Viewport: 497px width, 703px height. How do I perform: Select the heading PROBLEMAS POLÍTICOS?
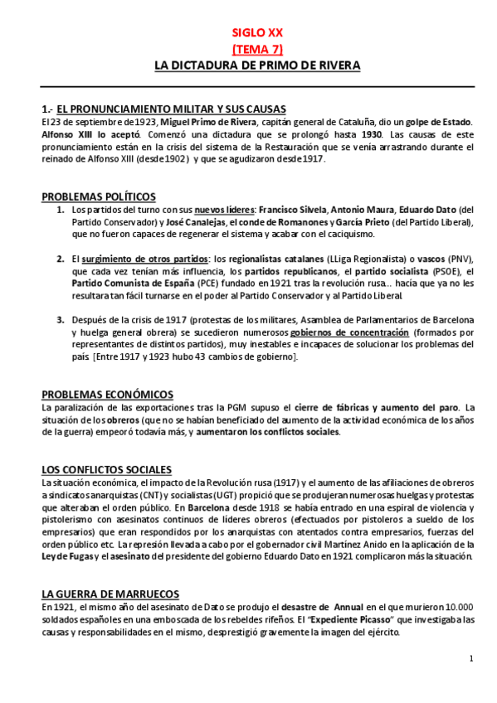[98, 196]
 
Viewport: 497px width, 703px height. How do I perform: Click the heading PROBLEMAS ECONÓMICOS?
[107, 394]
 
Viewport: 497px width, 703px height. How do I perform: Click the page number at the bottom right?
[470, 659]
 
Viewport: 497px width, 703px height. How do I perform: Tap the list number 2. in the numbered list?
[61, 259]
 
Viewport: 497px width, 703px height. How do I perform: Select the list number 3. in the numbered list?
[61, 320]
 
